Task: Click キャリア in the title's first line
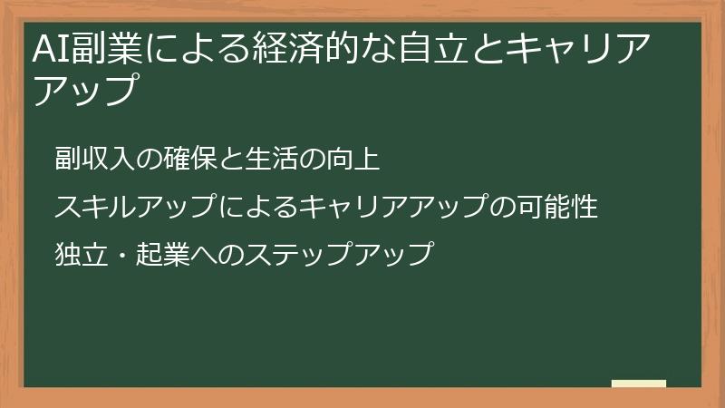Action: pyautogui.click(x=580, y=48)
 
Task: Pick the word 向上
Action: pyautogui.click(x=353, y=160)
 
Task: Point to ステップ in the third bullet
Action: pyautogui.click(x=289, y=254)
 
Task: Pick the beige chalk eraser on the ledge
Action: pyautogui.click(x=639, y=384)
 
